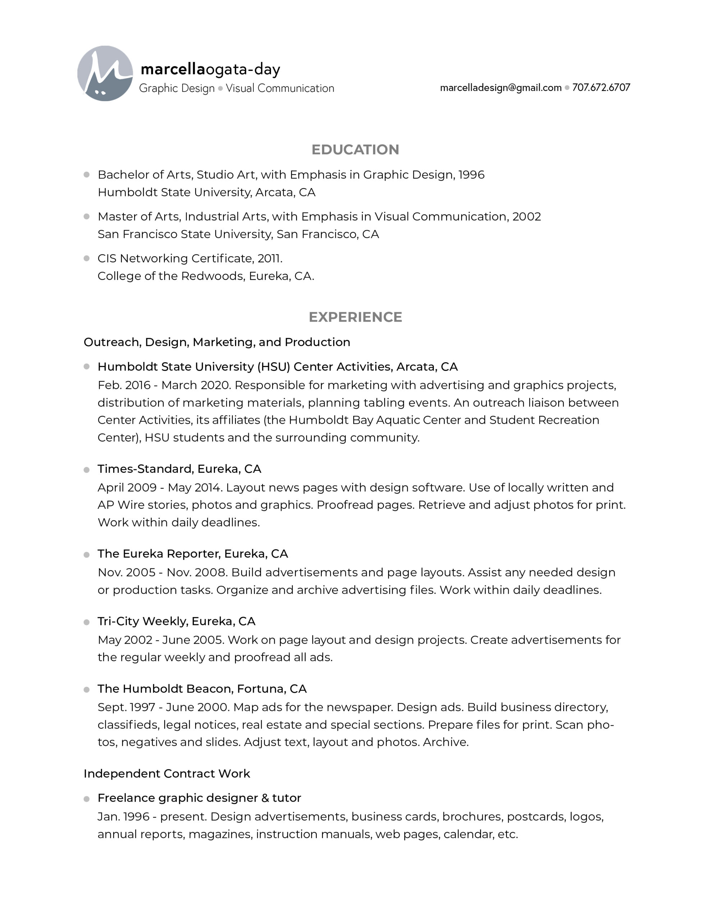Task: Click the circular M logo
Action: click(105, 73)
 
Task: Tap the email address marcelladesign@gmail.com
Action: click(500, 88)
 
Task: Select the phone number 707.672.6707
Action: click(601, 88)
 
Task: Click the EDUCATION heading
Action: click(355, 150)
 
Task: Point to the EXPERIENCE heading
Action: click(355, 317)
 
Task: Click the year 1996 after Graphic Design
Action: click(471, 174)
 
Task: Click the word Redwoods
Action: click(213, 276)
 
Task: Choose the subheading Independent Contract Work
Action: click(167, 773)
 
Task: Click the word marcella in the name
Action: click(173, 69)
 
